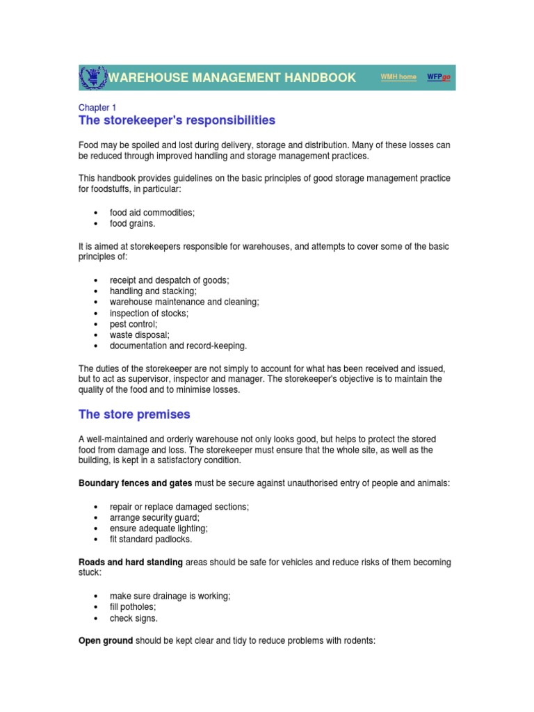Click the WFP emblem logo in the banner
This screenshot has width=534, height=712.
pyautogui.click(x=92, y=77)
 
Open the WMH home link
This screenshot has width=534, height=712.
pyautogui.click(x=398, y=77)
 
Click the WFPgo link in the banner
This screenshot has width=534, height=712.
pyautogui.click(x=438, y=77)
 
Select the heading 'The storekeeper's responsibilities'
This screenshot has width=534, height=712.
pyautogui.click(x=177, y=121)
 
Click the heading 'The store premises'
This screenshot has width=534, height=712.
pyautogui.click(x=134, y=414)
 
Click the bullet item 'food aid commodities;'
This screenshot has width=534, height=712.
pyautogui.click(x=152, y=213)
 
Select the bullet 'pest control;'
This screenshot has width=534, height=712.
pyautogui.click(x=133, y=324)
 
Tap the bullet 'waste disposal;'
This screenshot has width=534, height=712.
pyautogui.click(x=139, y=334)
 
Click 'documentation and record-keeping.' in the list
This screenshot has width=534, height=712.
pyautogui.click(x=178, y=346)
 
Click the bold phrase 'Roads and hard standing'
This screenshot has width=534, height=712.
pyautogui.click(x=131, y=562)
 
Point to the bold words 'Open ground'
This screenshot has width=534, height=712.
pyautogui.click(x=106, y=641)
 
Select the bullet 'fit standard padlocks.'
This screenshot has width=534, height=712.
pyautogui.click(x=151, y=539)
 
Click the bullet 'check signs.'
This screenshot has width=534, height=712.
pyautogui.click(x=133, y=618)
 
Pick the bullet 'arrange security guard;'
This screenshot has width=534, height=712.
pyautogui.click(x=154, y=517)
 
